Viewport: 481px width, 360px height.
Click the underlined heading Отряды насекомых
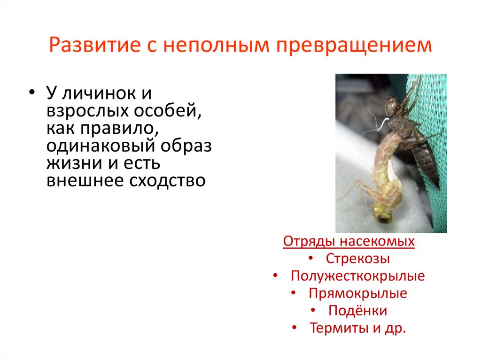click(x=349, y=242)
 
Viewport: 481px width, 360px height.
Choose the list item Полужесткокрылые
click(x=357, y=276)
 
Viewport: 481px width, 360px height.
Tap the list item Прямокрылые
click(x=358, y=294)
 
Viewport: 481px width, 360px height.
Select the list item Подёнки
click(x=358, y=311)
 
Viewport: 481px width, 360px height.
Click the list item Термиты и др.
click(x=357, y=328)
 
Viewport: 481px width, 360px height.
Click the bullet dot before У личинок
click(x=32, y=92)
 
